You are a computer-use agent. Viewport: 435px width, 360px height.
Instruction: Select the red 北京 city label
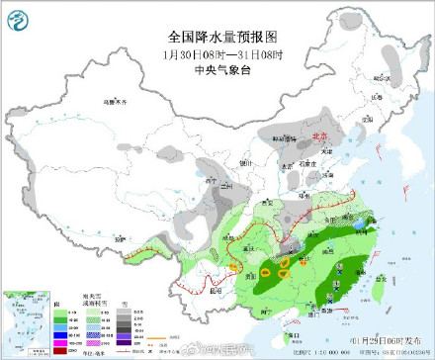tap(317, 138)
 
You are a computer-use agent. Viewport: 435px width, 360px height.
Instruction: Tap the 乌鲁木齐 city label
tap(119, 102)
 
